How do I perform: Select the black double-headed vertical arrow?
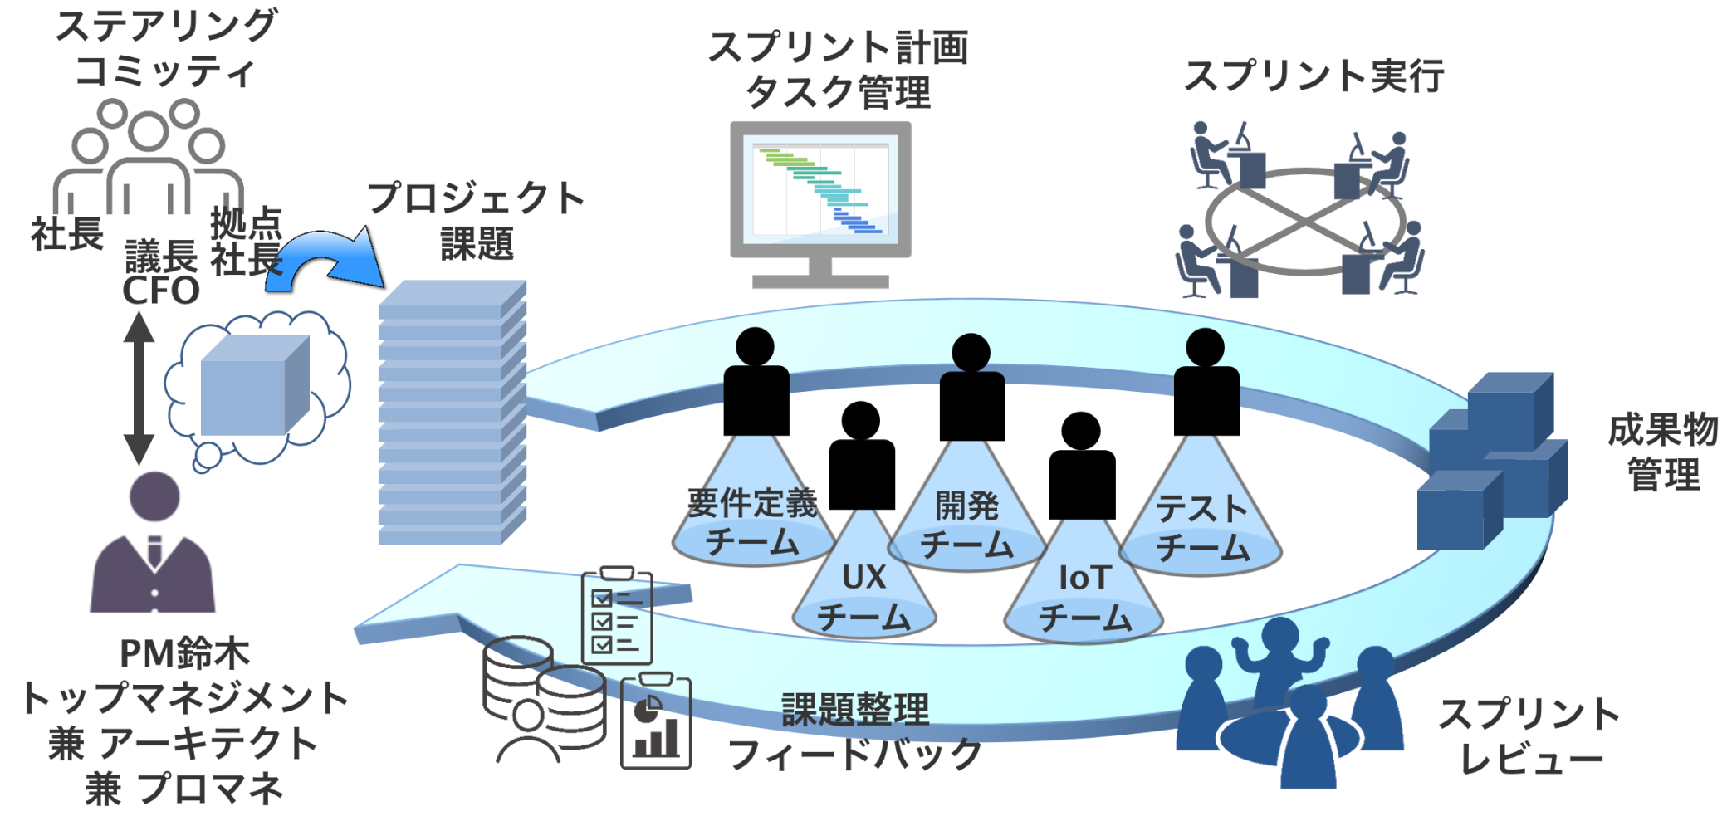[139, 388]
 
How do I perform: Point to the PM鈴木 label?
[184, 653]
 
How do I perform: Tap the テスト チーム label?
[1201, 528]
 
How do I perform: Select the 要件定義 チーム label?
[752, 523]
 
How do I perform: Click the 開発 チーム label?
[967, 525]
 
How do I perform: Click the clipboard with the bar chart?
[656, 722]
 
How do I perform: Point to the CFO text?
[161, 291]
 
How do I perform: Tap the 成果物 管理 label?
[1663, 452]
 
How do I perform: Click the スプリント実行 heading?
[1314, 76]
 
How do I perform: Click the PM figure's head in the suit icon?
[154, 496]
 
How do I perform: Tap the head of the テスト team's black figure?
[1205, 347]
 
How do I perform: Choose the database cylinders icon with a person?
[544, 697]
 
